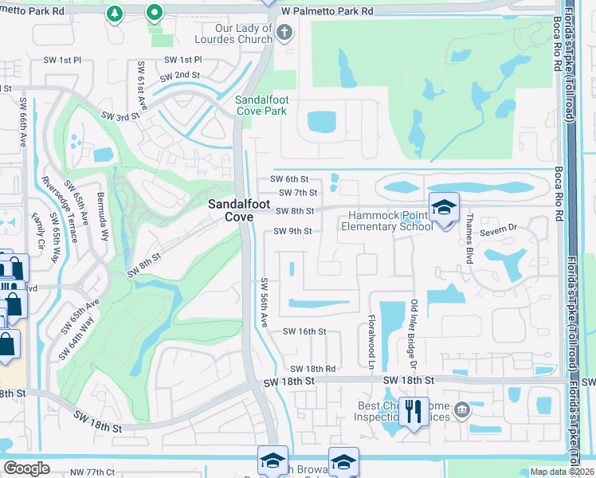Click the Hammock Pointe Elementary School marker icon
444,207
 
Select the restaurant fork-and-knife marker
413,412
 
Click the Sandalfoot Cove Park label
261,105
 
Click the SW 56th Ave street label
264,303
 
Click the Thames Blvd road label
470,238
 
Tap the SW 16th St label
305,331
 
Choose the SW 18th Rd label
312,369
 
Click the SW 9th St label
293,232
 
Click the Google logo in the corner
26,468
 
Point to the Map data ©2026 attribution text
562,472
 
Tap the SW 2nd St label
179,76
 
